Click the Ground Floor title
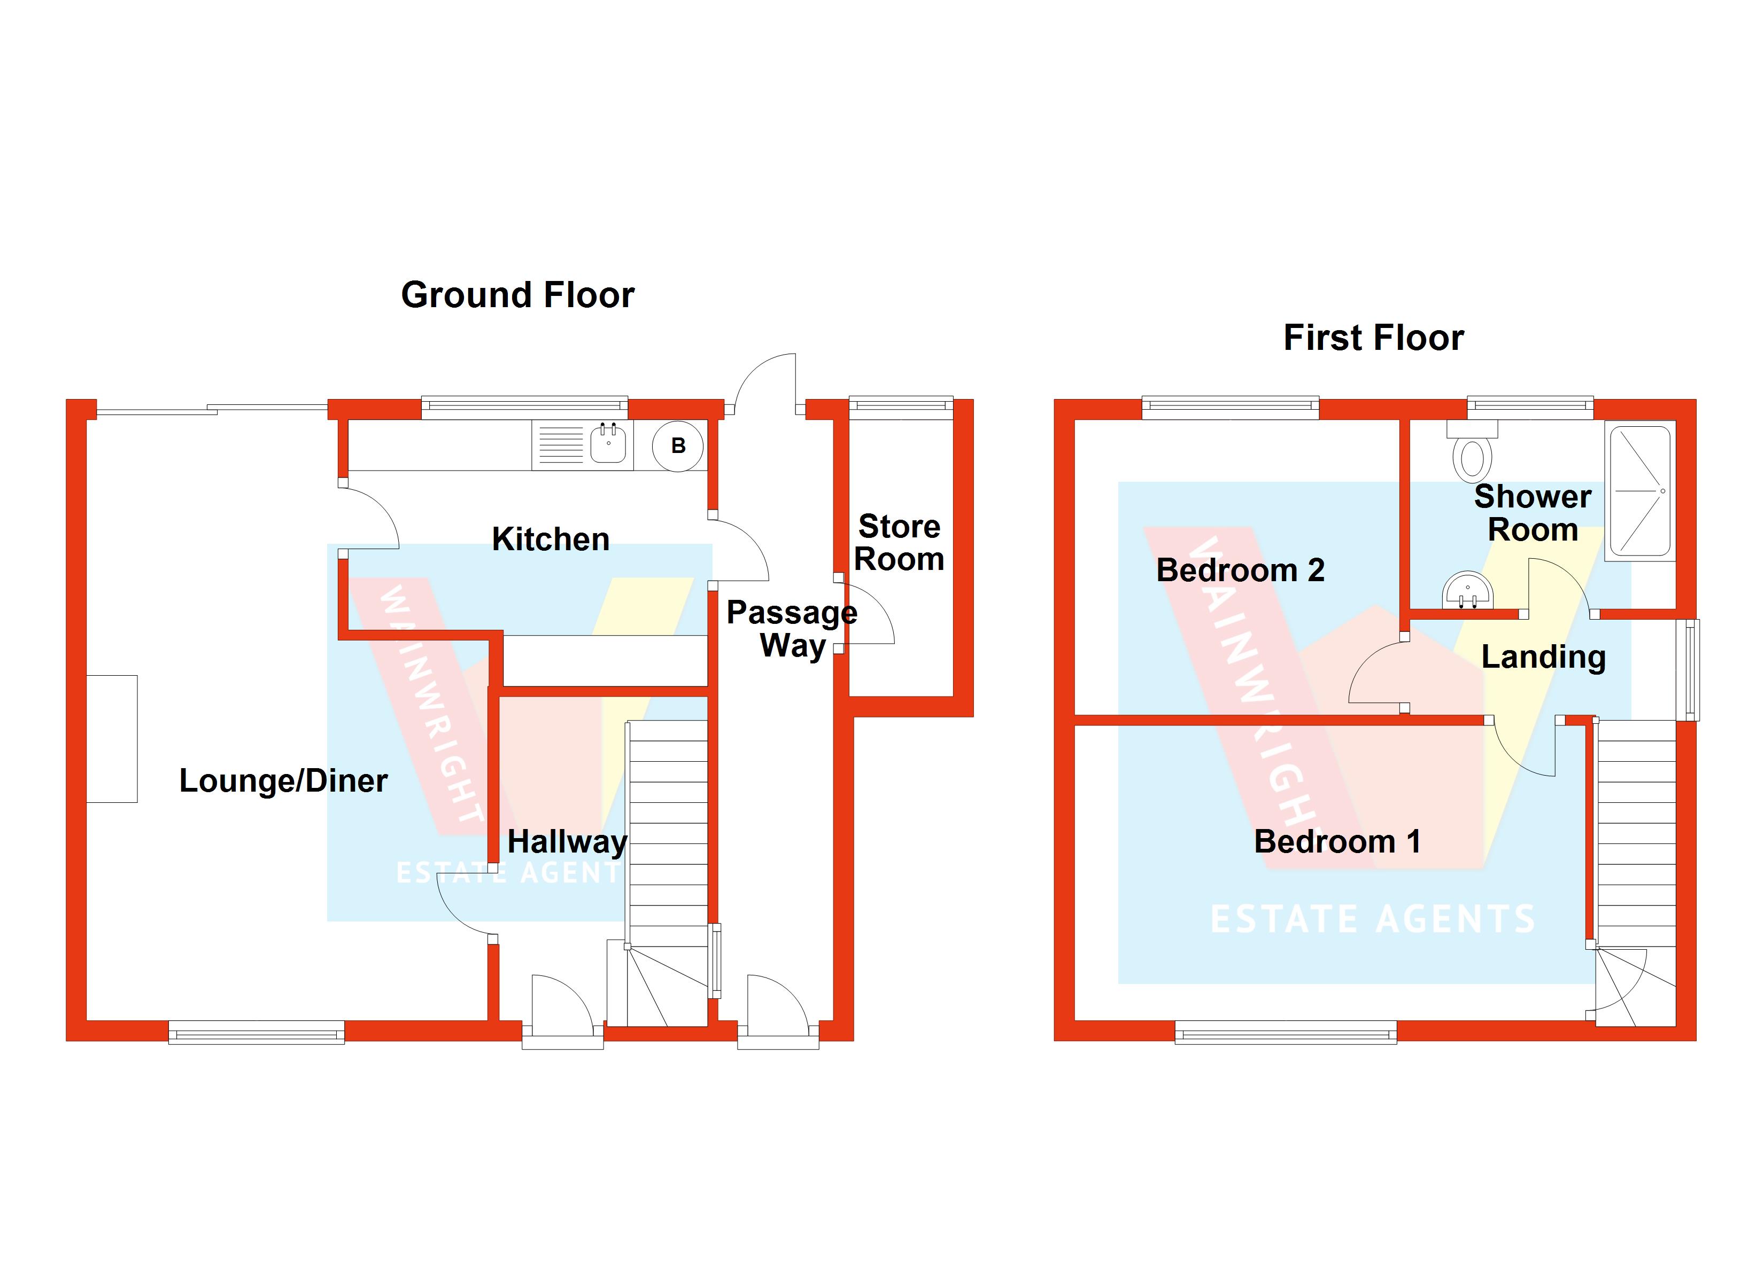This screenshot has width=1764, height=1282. click(x=517, y=295)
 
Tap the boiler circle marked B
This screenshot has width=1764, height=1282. click(x=677, y=446)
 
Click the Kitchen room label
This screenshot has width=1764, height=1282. click(x=551, y=540)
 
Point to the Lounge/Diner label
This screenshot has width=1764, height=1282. click(x=283, y=780)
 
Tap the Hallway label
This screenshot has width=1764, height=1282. click(x=567, y=841)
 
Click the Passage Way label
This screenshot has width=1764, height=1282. click(x=792, y=629)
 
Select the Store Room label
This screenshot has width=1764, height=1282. click(x=899, y=543)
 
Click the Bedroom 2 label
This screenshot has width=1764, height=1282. click(x=1240, y=570)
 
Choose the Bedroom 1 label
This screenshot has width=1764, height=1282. click(x=1337, y=841)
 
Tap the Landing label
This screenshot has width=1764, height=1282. click(x=1543, y=657)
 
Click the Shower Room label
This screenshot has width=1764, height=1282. click(x=1532, y=513)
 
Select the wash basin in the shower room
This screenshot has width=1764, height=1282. click(x=1467, y=592)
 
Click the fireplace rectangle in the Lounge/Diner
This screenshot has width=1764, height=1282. click(x=112, y=739)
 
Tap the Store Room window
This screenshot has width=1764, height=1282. click(x=901, y=404)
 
